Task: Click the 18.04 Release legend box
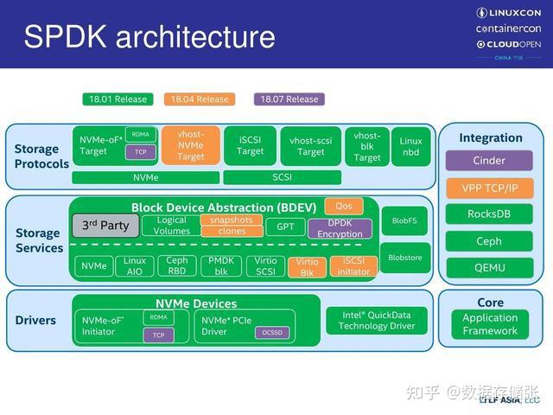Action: point(199,99)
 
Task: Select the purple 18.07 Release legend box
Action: point(289,99)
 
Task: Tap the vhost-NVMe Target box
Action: point(190,145)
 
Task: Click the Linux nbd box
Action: point(411,146)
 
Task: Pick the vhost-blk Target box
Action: point(367,146)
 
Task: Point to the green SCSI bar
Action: point(282,177)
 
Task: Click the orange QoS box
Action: point(343,207)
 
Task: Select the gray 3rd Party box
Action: point(105,226)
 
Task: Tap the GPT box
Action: point(284,227)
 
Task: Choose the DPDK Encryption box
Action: point(340,228)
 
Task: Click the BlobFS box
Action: point(404,220)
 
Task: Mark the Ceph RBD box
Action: point(177,265)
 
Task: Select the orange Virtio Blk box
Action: point(307,266)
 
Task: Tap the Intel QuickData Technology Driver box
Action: point(376,320)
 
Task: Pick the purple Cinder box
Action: point(489,161)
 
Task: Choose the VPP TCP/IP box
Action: point(489,188)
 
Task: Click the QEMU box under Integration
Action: point(489,268)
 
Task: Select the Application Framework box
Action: point(489,324)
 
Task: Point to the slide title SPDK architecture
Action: point(149,37)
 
